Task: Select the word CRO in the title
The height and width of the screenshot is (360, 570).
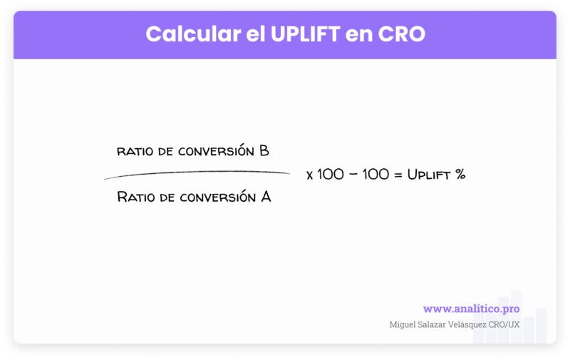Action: click(x=403, y=34)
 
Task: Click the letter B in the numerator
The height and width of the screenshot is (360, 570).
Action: click(x=264, y=151)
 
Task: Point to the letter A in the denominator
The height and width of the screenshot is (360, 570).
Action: click(x=265, y=196)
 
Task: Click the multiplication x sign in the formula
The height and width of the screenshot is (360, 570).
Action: click(x=309, y=175)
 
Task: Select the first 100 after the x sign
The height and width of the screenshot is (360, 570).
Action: click(x=330, y=175)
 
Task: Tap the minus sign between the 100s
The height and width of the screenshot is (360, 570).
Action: click(x=353, y=175)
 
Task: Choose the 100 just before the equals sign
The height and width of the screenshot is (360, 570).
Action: click(x=376, y=175)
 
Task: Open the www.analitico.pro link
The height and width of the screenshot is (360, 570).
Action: click(x=471, y=309)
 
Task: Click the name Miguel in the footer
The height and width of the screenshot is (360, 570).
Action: click(x=404, y=324)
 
